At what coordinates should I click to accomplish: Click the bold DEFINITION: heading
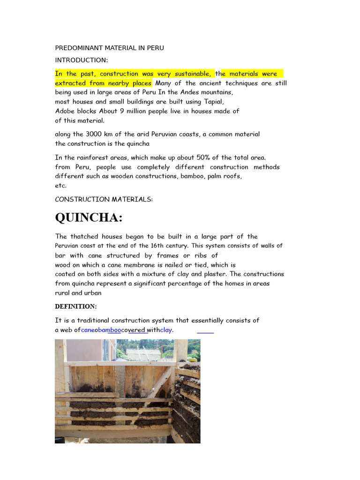75,307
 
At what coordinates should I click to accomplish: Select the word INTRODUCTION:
81,60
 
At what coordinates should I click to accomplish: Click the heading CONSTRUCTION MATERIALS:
104,199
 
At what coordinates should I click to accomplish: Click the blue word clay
166,330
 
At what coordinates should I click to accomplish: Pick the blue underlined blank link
205,330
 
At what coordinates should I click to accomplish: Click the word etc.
61,186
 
